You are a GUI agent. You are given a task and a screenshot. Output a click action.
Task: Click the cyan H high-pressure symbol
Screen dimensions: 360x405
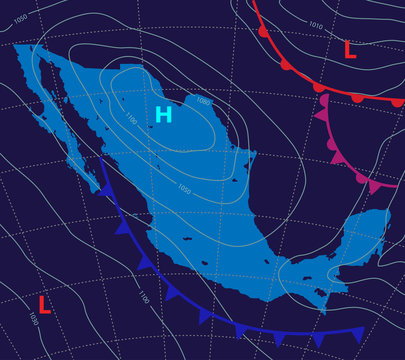164,115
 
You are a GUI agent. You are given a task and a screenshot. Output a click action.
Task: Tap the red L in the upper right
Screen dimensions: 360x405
349,49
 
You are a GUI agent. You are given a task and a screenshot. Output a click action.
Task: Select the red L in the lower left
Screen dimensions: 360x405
44,303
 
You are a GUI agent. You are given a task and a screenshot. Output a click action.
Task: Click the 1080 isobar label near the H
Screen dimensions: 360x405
203,101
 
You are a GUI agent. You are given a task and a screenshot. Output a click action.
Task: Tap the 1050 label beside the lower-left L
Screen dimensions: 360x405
35,318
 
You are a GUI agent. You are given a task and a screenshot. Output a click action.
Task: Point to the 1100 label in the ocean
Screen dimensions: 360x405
143,297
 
